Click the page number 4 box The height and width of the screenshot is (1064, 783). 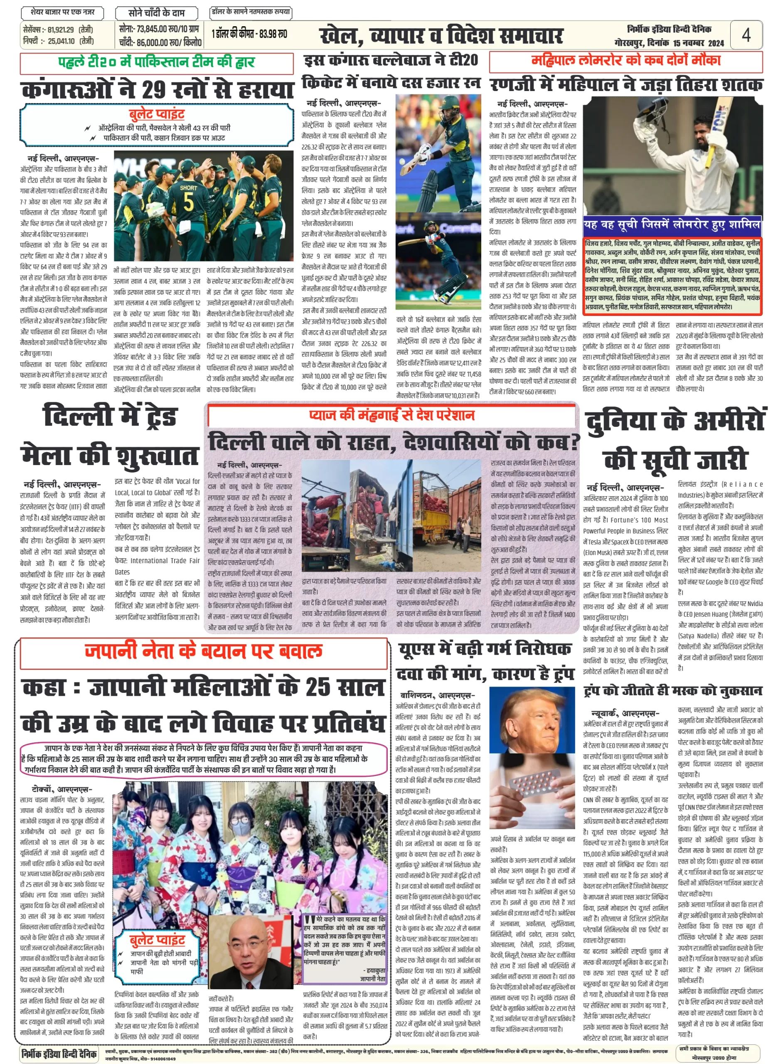click(746, 35)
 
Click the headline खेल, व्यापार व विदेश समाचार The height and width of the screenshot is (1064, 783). click(441, 36)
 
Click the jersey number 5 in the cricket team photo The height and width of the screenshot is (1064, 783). click(188, 202)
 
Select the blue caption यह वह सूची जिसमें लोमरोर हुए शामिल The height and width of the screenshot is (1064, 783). click(672, 225)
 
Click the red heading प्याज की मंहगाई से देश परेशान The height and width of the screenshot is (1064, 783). click(391, 415)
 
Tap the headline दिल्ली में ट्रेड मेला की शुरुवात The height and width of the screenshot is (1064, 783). click(109, 436)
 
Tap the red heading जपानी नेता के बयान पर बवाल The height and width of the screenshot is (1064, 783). click(204, 651)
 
